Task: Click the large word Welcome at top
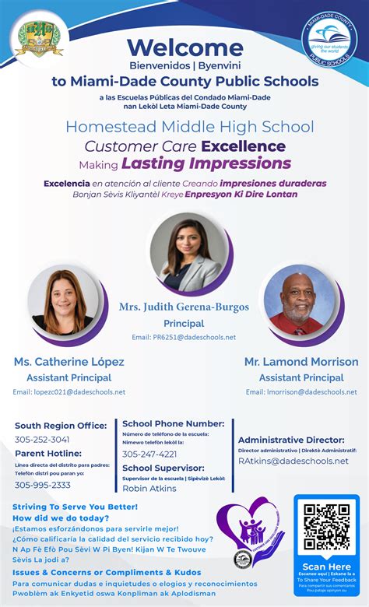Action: point(184,47)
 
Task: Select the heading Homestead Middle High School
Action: point(190,126)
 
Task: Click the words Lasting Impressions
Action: point(206,163)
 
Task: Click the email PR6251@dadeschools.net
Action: point(184,337)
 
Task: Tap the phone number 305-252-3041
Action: point(42,440)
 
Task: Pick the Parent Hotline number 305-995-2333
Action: point(43,485)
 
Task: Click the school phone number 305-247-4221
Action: point(149,454)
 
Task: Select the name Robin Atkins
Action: point(149,488)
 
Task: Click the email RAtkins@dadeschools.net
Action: point(293,461)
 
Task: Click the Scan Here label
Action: point(326,567)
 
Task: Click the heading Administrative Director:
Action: point(297,440)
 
